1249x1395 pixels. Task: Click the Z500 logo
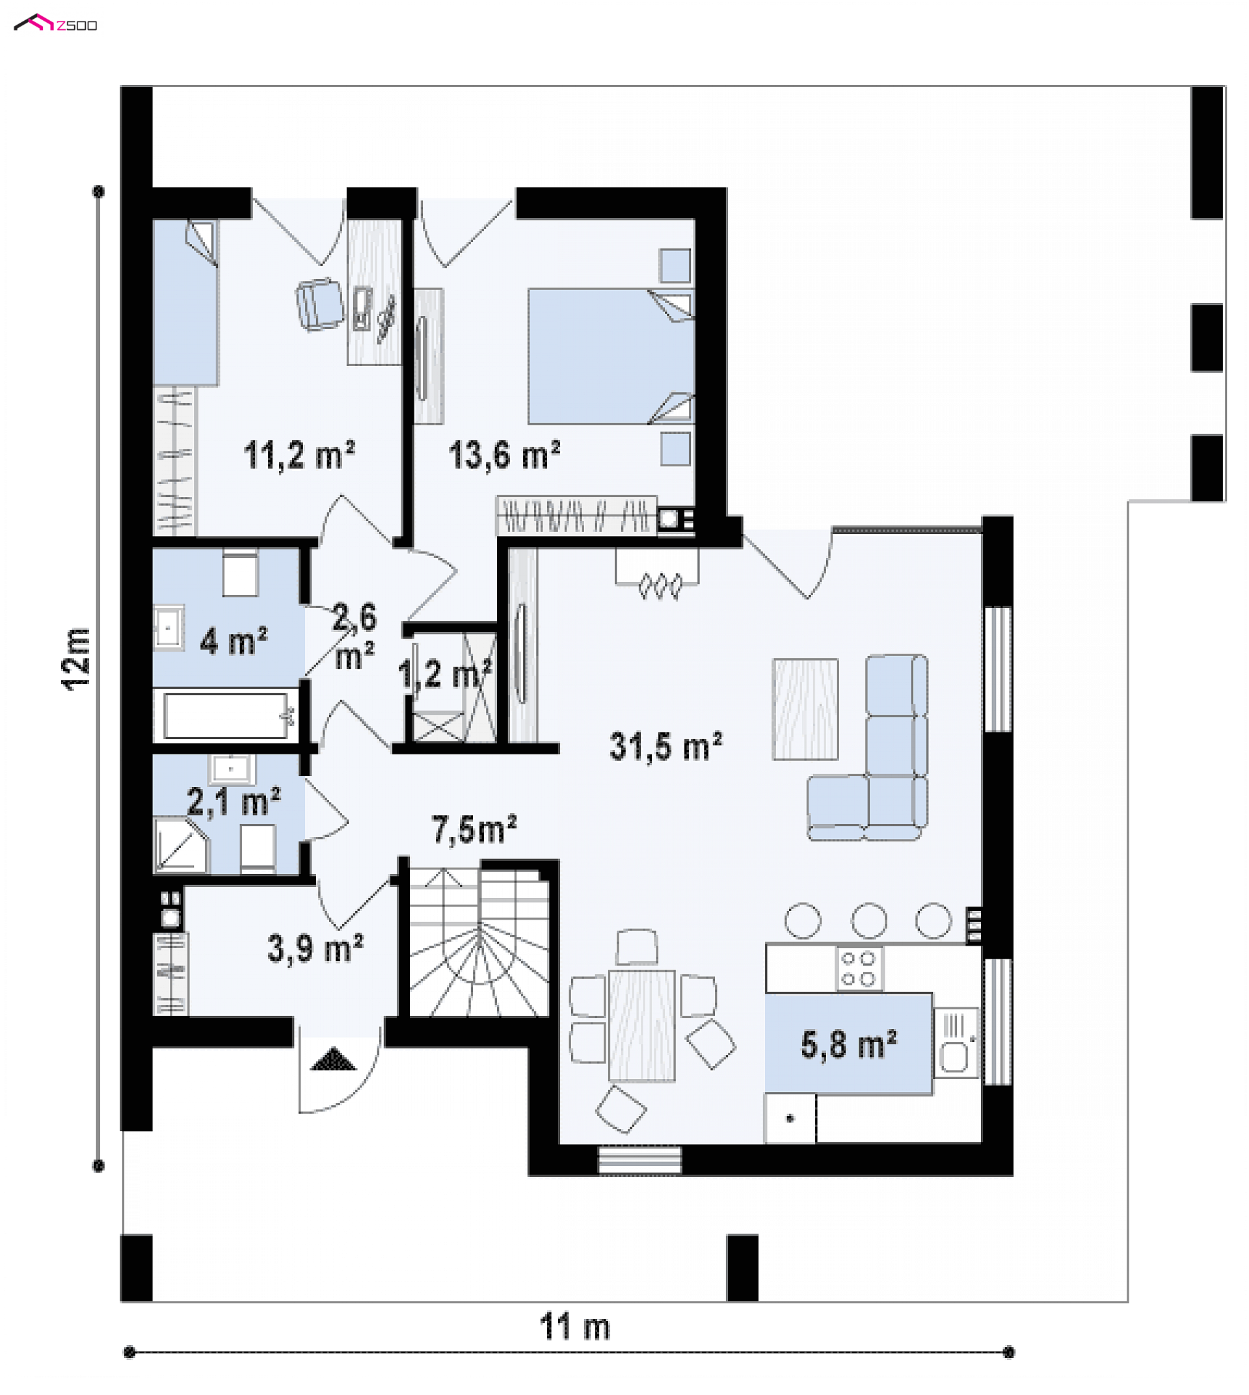tap(55, 24)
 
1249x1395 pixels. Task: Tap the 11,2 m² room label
tap(299, 456)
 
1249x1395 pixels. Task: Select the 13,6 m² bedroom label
tap(504, 456)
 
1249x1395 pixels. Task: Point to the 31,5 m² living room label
tap(665, 747)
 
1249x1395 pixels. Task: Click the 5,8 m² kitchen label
tap(848, 1044)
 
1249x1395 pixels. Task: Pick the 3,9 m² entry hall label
tap(315, 949)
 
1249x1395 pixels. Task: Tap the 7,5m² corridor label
tap(474, 829)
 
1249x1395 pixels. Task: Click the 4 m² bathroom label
tap(234, 642)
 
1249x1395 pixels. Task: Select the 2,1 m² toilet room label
tap(234, 801)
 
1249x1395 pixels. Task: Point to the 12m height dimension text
tap(77, 659)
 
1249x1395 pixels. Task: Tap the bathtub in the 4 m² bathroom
tap(226, 715)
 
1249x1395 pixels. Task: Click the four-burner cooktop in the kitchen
tap(859, 968)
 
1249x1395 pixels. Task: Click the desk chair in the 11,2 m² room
tap(320, 304)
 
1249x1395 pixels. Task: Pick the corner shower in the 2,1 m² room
tap(180, 845)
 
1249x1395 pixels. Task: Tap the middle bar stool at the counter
tap(869, 920)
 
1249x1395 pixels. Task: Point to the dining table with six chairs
tap(641, 1025)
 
